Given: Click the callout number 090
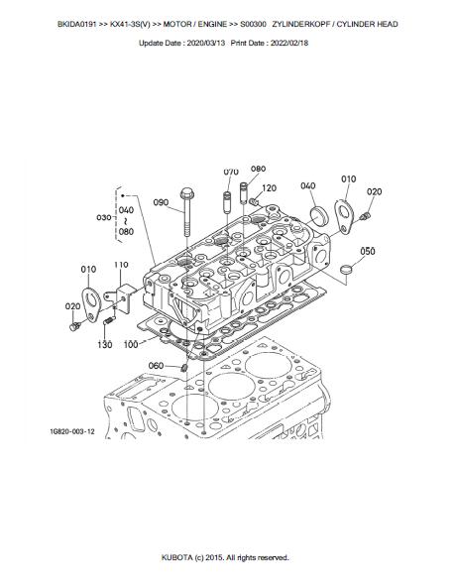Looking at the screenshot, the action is [x=161, y=202].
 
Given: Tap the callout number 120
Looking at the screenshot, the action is [x=269, y=188].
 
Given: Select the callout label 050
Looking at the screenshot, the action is [x=368, y=251].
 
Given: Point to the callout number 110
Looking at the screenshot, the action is [x=121, y=265].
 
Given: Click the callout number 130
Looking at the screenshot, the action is [x=105, y=344].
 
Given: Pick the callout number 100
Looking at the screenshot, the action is [x=131, y=344].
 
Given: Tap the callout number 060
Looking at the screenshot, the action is [x=156, y=365].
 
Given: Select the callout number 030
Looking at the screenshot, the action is [x=104, y=217].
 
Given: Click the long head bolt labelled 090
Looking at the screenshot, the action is [x=186, y=211].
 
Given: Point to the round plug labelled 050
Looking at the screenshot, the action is [x=347, y=269].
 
